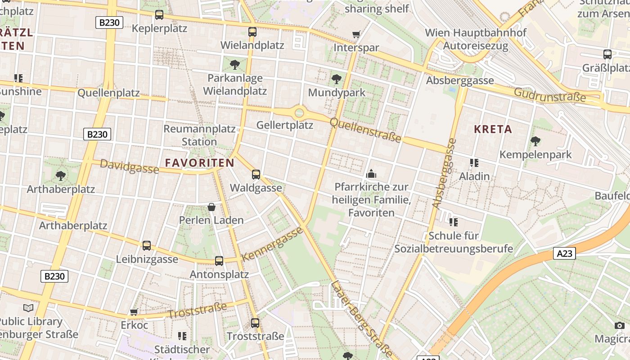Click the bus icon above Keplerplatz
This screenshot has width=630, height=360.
coord(159,14)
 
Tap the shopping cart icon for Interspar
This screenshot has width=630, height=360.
coord(356,34)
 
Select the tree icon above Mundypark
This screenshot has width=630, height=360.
coord(336,80)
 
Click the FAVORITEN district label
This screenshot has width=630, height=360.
coord(199,163)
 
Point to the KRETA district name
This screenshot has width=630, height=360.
coord(493,130)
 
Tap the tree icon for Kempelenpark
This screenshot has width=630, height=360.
coord(535,141)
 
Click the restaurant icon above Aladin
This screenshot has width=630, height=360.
coord(474,162)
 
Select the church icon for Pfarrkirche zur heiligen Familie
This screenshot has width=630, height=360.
coord(371,173)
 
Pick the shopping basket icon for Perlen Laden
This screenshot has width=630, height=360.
coord(211,207)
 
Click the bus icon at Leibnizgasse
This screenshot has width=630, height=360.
coord(147,246)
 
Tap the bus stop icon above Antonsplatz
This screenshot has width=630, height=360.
coord(219,261)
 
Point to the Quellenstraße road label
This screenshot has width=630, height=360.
coord(365,130)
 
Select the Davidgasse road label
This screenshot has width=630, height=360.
coord(129,166)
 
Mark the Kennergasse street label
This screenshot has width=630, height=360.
coord(272,244)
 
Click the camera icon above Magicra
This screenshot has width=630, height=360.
coord(619,325)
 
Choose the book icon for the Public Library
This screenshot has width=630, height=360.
coord(28,308)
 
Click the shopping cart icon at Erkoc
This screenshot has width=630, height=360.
coord(134,312)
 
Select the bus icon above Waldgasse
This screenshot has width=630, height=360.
coord(256,174)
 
